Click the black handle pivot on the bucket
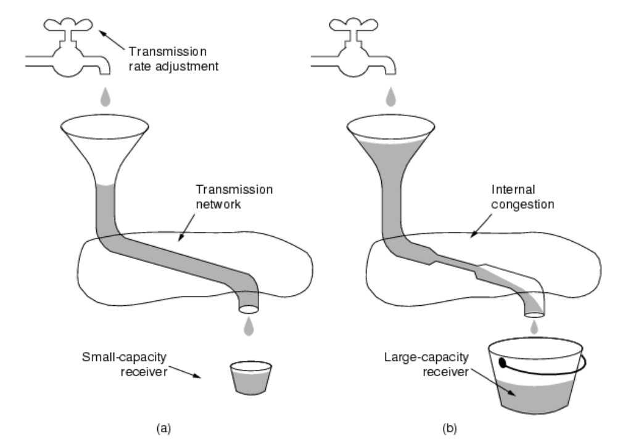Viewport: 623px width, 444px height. (503, 362)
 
